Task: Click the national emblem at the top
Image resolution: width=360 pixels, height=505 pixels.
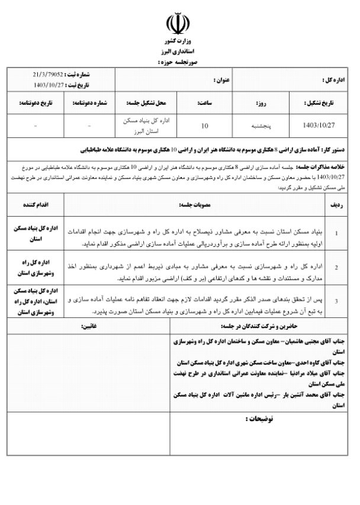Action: (x=180, y=25)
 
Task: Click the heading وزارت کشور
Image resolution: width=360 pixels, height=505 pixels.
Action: (x=180, y=43)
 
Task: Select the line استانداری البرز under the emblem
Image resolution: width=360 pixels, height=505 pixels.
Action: (x=180, y=52)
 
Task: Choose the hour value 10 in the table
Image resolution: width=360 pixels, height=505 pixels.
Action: (x=205, y=126)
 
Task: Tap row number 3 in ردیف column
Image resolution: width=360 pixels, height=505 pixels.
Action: (x=336, y=301)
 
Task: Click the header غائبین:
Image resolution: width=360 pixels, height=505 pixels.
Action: (x=89, y=326)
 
